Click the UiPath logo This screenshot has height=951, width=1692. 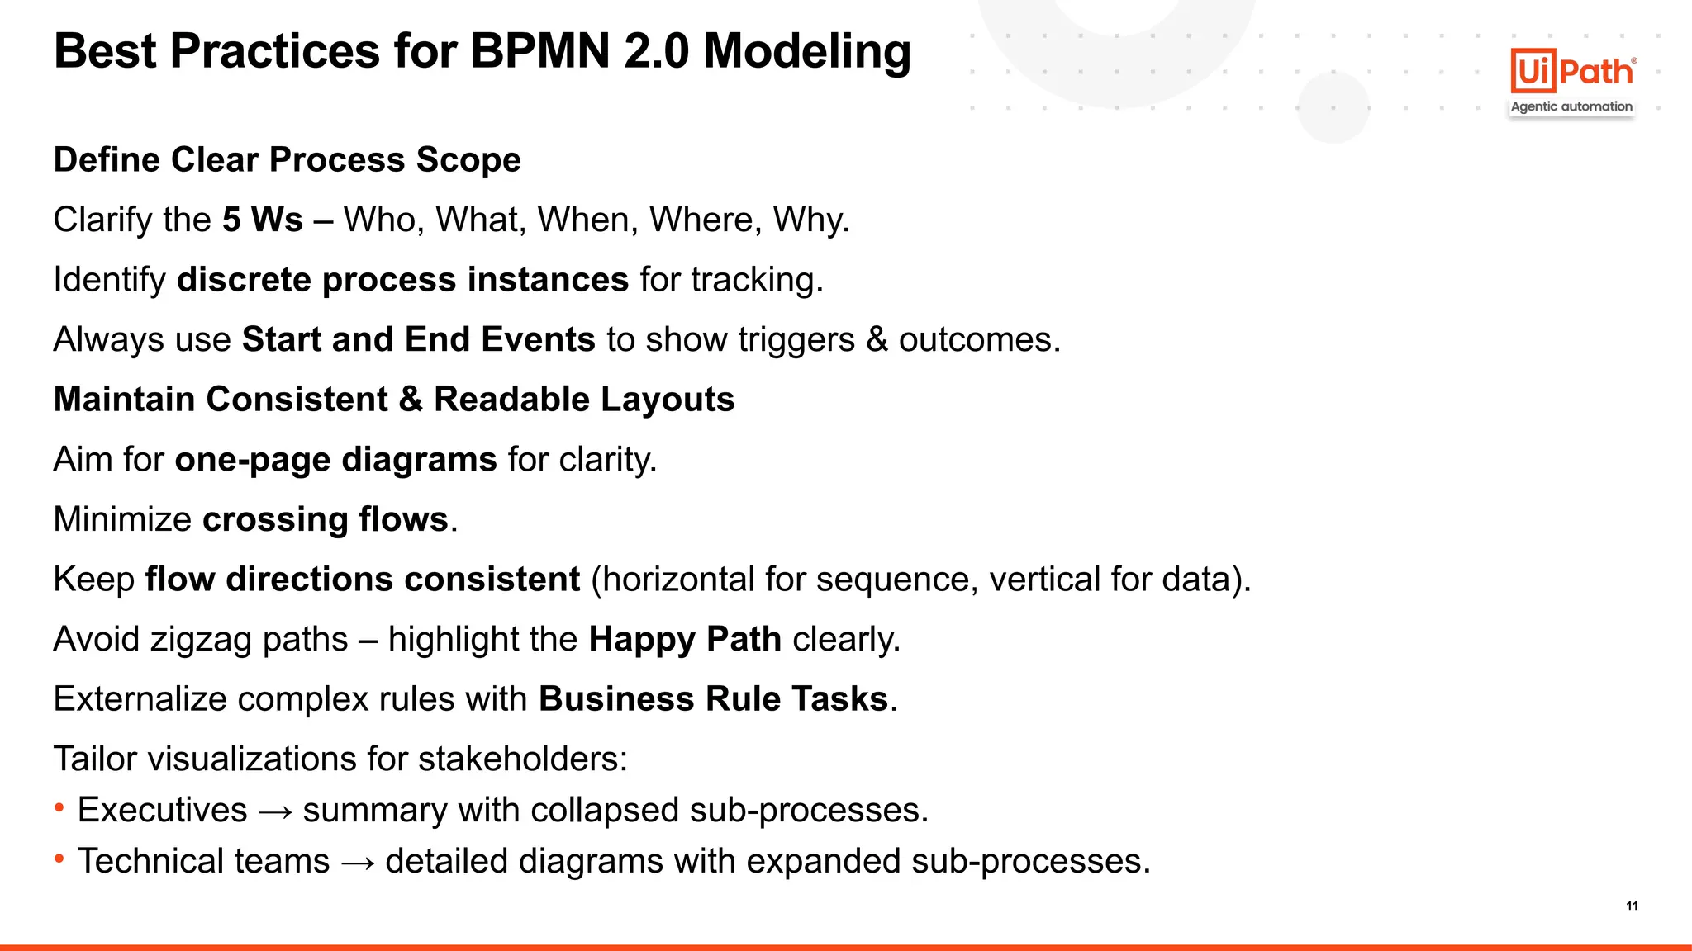(x=1573, y=71)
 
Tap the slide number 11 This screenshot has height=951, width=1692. (x=1632, y=906)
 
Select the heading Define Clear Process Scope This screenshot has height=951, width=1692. (x=287, y=159)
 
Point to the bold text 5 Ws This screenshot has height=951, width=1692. (x=262, y=220)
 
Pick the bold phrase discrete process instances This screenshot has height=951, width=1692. (x=402, y=280)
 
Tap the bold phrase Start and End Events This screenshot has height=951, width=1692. (x=418, y=339)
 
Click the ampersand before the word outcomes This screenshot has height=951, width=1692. (x=876, y=339)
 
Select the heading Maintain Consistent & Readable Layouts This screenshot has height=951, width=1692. (x=393, y=400)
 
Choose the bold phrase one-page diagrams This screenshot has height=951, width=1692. (x=335, y=460)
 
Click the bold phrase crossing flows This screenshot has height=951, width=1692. (x=325, y=519)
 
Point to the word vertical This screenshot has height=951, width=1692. (x=1044, y=580)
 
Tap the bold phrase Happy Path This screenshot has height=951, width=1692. (x=684, y=640)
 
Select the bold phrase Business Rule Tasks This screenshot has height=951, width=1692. (x=713, y=699)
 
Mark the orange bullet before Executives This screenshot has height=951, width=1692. (x=59, y=807)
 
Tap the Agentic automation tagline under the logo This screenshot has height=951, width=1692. (x=1571, y=106)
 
